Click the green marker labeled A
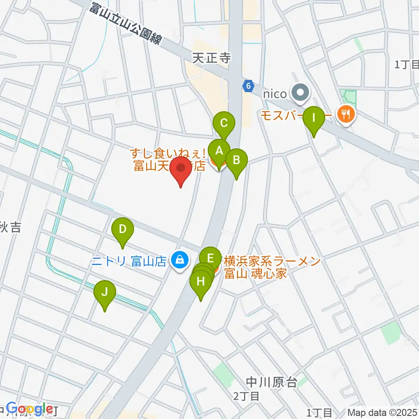click(x=219, y=151)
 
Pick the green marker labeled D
click(x=123, y=229)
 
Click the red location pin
click(x=181, y=168)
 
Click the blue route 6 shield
click(x=248, y=86)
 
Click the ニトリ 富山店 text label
click(x=129, y=261)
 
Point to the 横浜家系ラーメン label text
click(x=272, y=261)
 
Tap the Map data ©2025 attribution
click(x=382, y=412)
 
